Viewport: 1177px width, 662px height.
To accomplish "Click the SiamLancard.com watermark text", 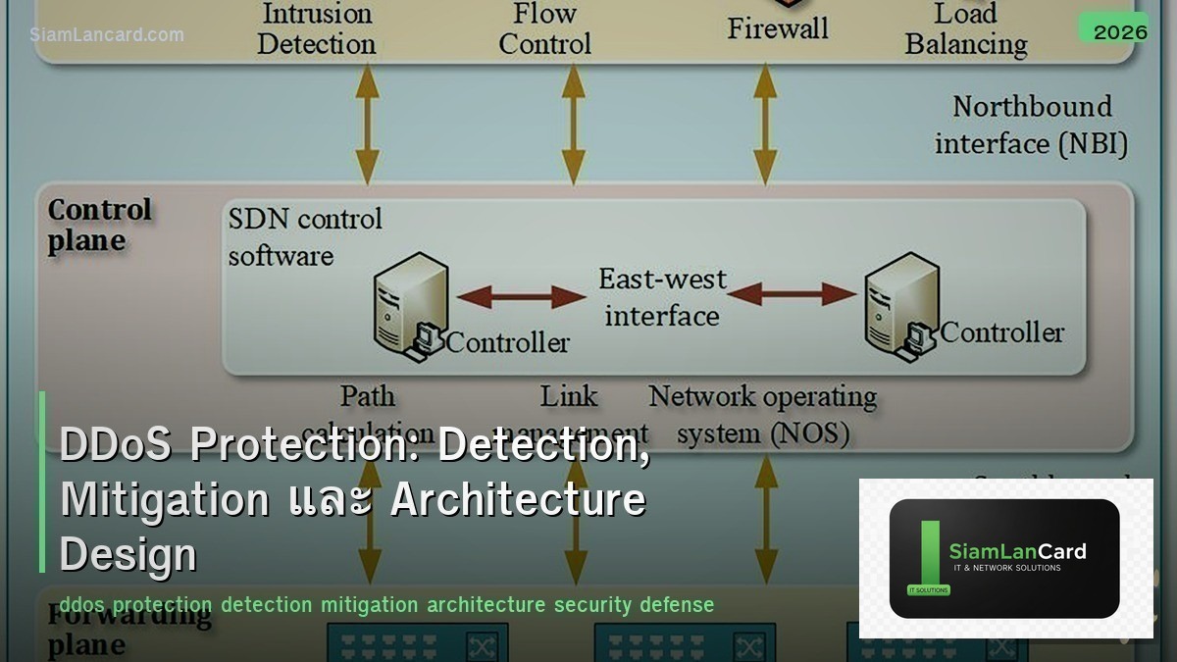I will tap(106, 34).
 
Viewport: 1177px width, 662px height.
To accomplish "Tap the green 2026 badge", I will tap(1119, 30).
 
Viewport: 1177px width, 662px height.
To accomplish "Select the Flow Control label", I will tap(544, 29).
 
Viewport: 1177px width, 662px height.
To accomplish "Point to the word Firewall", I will tap(779, 27).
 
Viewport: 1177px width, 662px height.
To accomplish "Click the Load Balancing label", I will tap(965, 29).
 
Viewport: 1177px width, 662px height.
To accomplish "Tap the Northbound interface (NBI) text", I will tap(1031, 125).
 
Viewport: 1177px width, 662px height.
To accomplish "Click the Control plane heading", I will tap(99, 225).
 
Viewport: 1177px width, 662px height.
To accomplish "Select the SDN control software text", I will tap(304, 236).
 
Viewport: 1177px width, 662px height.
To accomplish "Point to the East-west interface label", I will tap(662, 297).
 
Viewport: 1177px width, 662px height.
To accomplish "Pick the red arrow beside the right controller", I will tap(792, 293).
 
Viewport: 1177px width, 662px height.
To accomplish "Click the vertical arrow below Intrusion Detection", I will tap(367, 122).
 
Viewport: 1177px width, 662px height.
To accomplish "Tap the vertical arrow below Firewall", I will tap(764, 122).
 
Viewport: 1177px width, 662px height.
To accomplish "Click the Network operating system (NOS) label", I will tap(762, 414).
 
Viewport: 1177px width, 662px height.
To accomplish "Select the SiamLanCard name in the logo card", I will tap(1017, 551).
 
